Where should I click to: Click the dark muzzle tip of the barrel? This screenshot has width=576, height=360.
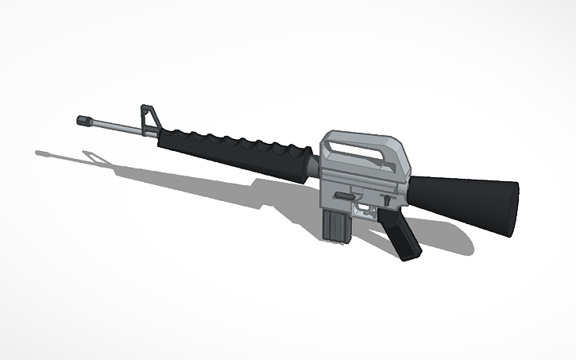tap(82, 120)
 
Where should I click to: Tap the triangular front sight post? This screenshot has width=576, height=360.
tap(149, 116)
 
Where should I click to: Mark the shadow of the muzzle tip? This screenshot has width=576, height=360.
tap(41, 150)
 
